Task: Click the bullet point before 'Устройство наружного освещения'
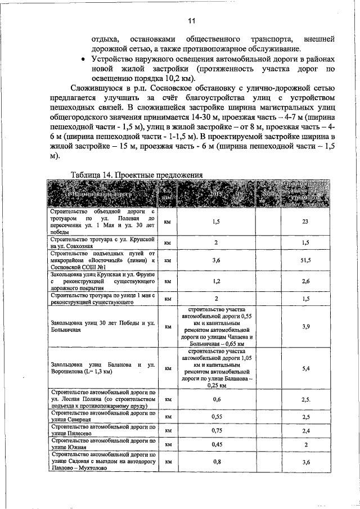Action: point(84,59)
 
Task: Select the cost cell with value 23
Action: point(305,222)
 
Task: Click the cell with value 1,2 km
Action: point(217,281)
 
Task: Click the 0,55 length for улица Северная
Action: point(217,417)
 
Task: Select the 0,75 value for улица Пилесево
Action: point(217,431)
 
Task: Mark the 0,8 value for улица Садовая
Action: point(217,462)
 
